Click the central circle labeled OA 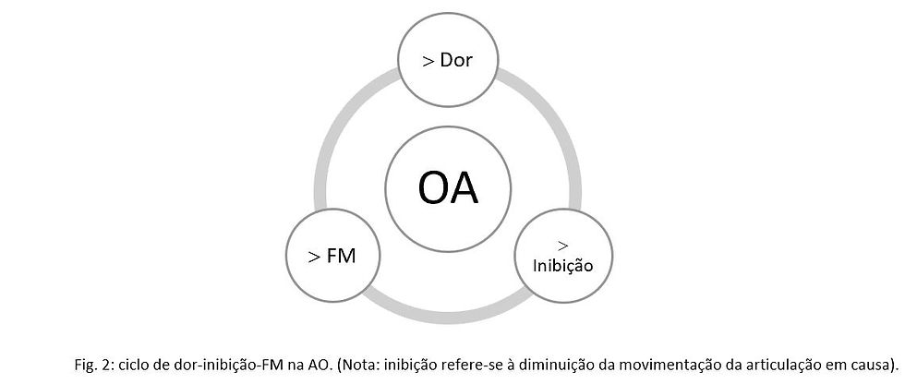coord(447,188)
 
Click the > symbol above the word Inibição coord(562,245)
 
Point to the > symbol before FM coord(314,256)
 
